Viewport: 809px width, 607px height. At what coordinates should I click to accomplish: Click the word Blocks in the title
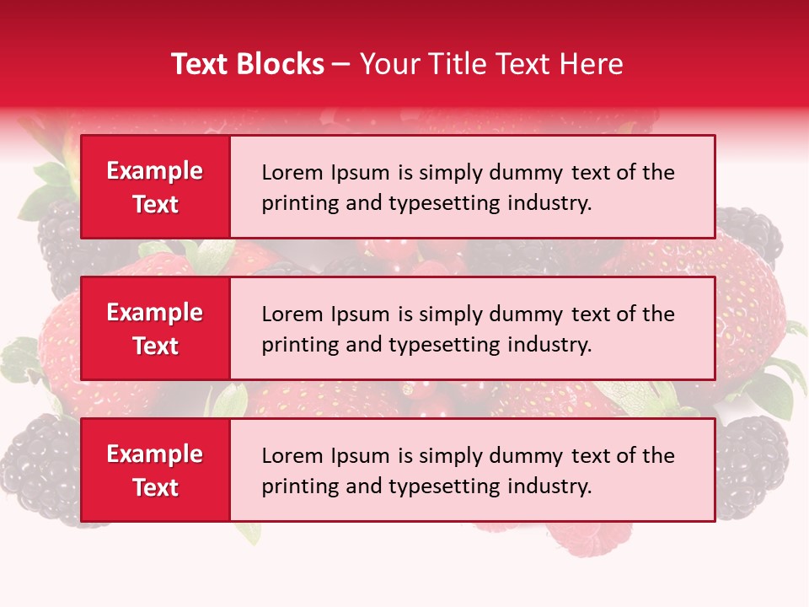278,64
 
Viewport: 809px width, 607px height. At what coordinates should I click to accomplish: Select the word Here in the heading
592,64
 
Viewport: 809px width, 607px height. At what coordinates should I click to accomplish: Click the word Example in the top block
155,171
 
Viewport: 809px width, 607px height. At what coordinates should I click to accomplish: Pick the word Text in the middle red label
155,346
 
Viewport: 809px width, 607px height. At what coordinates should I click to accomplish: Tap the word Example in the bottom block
155,454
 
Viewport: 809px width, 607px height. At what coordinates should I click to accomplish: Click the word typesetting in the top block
446,203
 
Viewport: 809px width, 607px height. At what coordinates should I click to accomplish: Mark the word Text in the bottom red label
155,487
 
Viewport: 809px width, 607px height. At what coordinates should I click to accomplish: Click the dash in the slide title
341,64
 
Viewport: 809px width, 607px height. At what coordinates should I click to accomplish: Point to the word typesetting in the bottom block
446,486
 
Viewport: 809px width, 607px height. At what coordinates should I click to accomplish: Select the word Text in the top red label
155,204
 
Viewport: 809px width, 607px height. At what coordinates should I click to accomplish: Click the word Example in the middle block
155,313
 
